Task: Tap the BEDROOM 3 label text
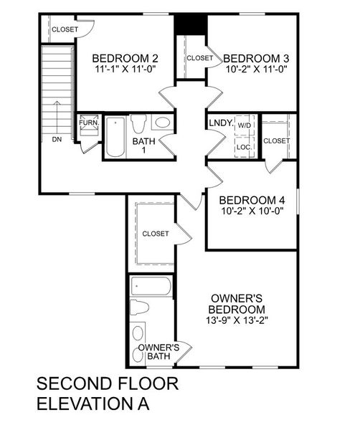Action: click(x=257, y=59)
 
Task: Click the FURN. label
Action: click(x=88, y=123)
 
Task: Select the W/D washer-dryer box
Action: click(x=245, y=125)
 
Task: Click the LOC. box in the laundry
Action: click(x=245, y=147)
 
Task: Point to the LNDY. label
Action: click(x=221, y=123)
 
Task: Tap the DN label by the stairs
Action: click(x=57, y=139)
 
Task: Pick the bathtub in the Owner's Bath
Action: click(x=152, y=288)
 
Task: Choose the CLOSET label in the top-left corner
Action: click(x=65, y=29)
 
